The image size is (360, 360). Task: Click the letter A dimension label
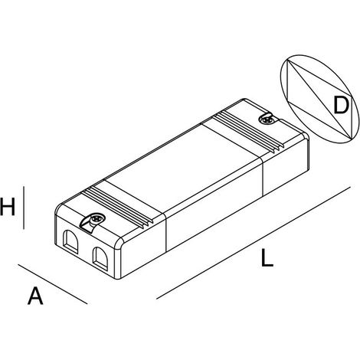(x=35, y=296)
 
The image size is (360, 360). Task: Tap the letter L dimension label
(x=267, y=258)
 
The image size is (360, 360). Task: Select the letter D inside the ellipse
(x=341, y=105)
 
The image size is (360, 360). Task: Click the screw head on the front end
(x=97, y=218)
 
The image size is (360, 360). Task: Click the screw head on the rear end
(x=267, y=119)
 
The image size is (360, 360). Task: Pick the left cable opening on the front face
(x=70, y=241)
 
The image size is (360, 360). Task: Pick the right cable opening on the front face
(x=100, y=258)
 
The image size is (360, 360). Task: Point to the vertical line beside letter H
(x=24, y=208)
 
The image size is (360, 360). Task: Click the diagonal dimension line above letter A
(x=53, y=284)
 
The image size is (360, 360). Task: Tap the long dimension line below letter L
(x=254, y=243)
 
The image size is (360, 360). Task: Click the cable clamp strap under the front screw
(x=88, y=224)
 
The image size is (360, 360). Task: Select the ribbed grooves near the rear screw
(x=248, y=133)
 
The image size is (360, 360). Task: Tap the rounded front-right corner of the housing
(x=119, y=243)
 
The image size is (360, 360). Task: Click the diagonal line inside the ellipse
(x=319, y=100)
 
